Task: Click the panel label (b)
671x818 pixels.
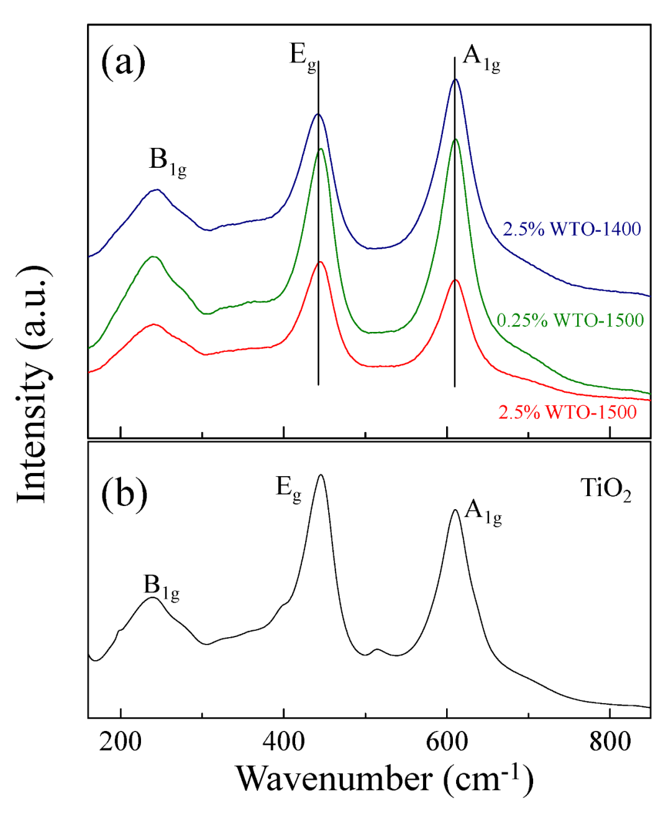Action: pyautogui.click(x=124, y=494)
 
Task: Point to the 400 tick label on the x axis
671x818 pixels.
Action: pyautogui.click(x=283, y=741)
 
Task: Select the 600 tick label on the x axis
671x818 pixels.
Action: pyautogui.click(x=447, y=741)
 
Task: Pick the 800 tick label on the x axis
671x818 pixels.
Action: pyautogui.click(x=609, y=741)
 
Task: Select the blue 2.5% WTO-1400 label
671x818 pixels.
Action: pyautogui.click(x=572, y=229)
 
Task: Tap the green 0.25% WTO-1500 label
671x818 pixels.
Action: pyautogui.click(x=570, y=320)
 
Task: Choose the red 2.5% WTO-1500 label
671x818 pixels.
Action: pyautogui.click(x=567, y=412)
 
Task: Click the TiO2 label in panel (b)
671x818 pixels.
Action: pyautogui.click(x=606, y=489)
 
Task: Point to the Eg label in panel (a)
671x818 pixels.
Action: pyautogui.click(x=303, y=57)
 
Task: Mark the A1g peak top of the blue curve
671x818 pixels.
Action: pyautogui.click(x=455, y=80)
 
